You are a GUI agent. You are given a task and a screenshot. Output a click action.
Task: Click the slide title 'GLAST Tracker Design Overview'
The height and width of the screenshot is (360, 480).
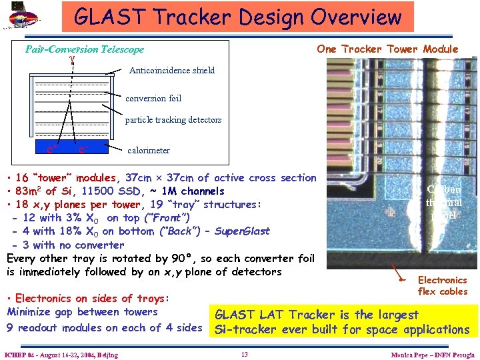coord(238,16)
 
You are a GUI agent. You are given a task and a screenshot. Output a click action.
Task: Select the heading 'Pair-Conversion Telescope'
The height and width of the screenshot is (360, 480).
coord(85,49)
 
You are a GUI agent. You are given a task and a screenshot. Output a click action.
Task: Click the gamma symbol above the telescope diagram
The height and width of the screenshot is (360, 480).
coord(71,59)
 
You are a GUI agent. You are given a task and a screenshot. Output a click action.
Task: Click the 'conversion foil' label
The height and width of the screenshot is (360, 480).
coord(153,98)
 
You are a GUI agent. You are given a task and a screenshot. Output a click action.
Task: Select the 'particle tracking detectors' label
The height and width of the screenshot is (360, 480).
coord(173,120)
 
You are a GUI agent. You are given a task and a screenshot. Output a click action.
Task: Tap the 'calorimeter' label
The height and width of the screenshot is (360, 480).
coord(148,151)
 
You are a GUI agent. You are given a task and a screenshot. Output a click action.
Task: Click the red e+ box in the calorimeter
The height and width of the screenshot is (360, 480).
coord(50,149)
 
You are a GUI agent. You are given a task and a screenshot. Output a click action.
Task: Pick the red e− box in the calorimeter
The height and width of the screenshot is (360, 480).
coord(83,149)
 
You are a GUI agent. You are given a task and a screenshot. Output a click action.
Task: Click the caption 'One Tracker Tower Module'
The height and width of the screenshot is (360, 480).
coord(387,49)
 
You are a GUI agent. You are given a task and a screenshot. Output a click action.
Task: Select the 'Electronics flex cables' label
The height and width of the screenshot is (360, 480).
coord(443,285)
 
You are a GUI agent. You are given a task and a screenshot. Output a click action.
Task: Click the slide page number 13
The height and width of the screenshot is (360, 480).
coord(244,354)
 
